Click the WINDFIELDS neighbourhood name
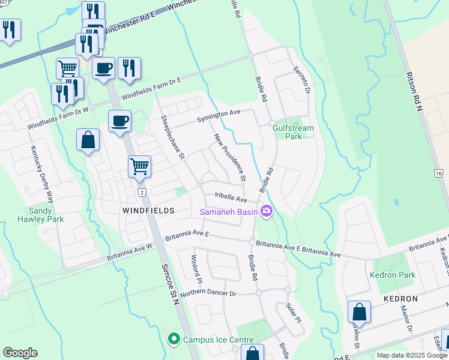click(148, 211)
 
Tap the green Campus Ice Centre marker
click(173, 340)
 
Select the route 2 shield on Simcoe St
click(142, 192)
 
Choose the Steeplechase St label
click(172, 138)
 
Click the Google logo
click(20, 353)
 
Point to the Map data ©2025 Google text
click(411, 355)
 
